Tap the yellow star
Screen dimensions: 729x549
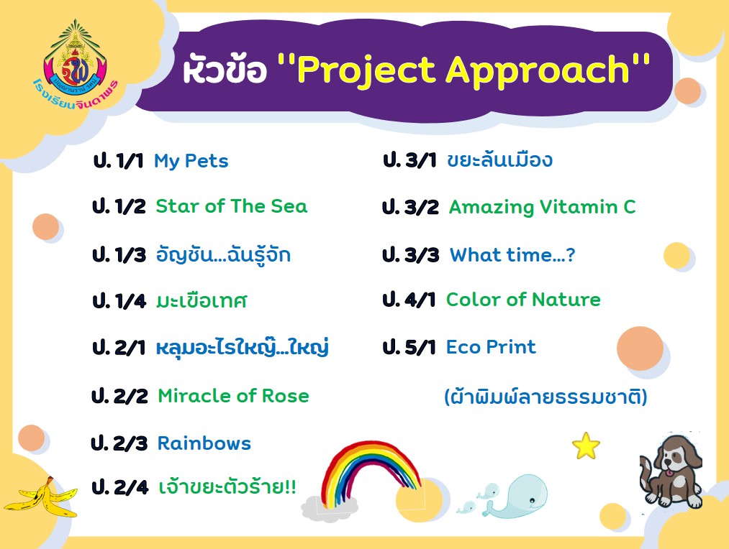(x=586, y=446)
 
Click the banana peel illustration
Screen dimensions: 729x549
(x=41, y=497)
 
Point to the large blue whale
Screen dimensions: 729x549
(x=516, y=497)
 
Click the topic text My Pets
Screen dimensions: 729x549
(x=191, y=161)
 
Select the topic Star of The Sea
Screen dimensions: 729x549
(x=232, y=206)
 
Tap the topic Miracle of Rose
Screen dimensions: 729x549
(x=233, y=396)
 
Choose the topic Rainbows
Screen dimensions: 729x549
(x=204, y=443)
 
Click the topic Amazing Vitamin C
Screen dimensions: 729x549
(x=542, y=207)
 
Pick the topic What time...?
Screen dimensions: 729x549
(x=512, y=255)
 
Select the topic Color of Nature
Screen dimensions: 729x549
(x=523, y=300)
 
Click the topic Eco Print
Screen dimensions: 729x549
(x=491, y=346)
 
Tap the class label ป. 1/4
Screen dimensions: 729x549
(x=119, y=300)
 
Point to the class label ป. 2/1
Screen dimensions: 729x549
(x=119, y=347)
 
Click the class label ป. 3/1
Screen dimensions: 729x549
(x=409, y=160)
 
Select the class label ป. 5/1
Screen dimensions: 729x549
(x=409, y=346)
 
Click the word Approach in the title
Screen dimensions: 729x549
(x=538, y=71)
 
